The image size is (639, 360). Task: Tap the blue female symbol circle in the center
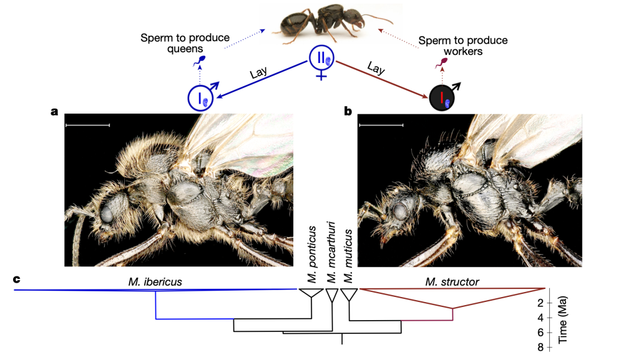pos(322,59)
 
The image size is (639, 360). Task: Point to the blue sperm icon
pos(200,61)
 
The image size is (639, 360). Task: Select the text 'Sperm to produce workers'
pos(463,46)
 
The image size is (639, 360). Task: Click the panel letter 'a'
pos(55,112)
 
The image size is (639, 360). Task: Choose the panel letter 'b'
pos(348,112)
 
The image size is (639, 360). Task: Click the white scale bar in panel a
pos(87,125)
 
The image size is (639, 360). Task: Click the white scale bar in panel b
pos(381,125)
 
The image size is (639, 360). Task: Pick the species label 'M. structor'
pos(453,282)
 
